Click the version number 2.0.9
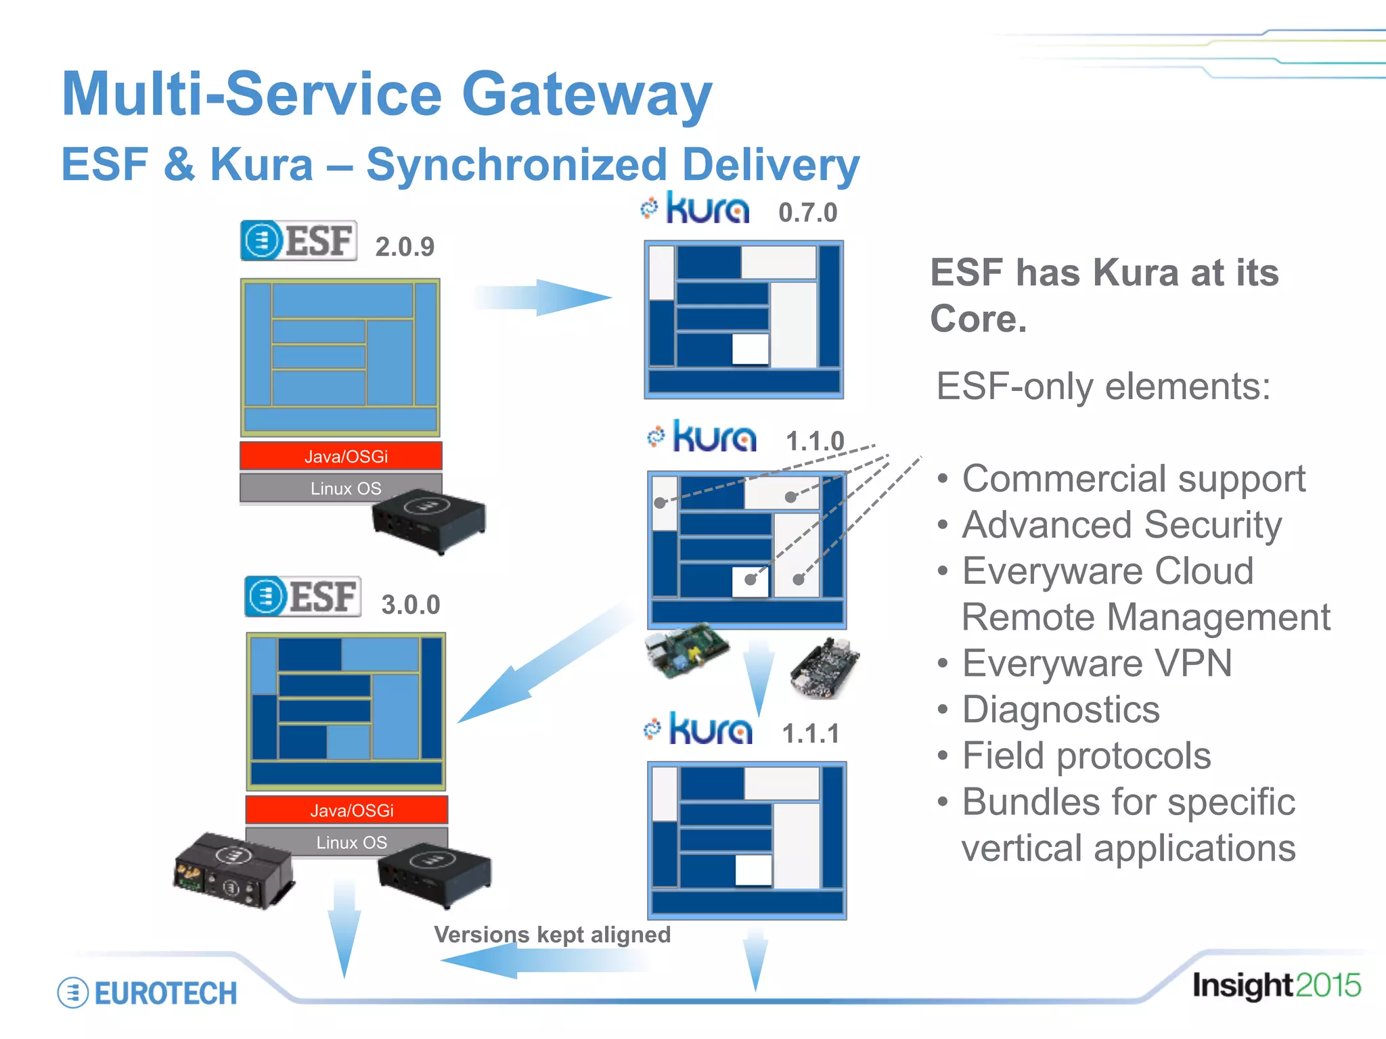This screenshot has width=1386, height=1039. (405, 247)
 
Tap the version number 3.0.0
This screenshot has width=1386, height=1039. (411, 605)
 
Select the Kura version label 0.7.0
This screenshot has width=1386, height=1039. (807, 213)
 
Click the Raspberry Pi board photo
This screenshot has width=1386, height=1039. (685, 650)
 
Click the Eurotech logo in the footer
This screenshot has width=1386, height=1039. (148, 993)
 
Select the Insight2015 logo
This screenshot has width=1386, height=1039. (1276, 986)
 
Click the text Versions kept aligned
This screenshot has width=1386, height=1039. (552, 934)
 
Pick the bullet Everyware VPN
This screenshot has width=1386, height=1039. (1096, 664)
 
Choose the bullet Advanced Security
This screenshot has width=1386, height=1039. (1121, 525)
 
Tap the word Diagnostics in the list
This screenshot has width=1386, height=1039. (1060, 710)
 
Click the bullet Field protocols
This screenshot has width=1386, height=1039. (1086, 756)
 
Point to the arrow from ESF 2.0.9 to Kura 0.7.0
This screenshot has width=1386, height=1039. (541, 298)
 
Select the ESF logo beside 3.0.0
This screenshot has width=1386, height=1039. (303, 597)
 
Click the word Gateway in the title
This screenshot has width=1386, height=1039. (587, 95)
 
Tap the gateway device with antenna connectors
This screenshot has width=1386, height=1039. (232, 871)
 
